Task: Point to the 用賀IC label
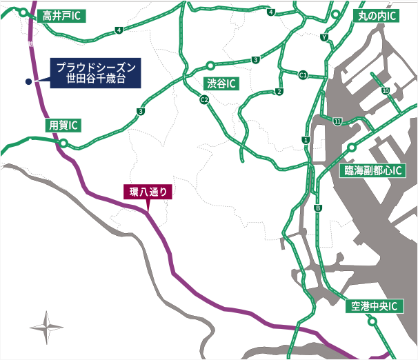click(63, 125)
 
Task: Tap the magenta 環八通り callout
click(146, 192)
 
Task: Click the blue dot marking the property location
click(28, 81)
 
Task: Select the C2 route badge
click(204, 100)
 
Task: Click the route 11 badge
click(337, 121)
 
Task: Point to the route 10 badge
click(385, 90)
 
